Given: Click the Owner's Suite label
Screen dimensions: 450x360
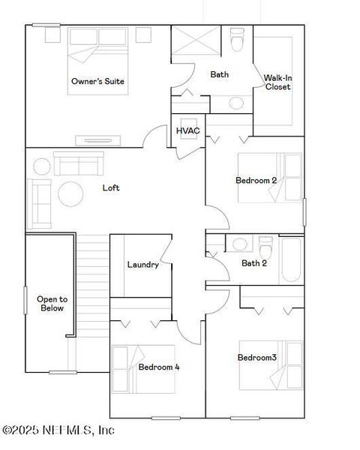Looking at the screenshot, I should tap(97, 81).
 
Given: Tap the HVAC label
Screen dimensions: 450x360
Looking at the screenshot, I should tap(187, 131).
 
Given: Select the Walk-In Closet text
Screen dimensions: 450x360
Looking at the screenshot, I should tap(277, 82).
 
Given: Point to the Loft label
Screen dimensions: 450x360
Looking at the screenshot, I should tap(111, 187).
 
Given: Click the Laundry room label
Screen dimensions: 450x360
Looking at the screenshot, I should tap(142, 265).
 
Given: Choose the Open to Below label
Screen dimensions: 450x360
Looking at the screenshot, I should tap(52, 303).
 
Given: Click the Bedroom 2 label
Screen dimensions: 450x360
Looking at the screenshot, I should tap(256, 180).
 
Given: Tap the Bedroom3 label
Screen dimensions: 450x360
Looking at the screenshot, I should tap(257, 358).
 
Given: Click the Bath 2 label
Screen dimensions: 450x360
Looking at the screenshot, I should tap(254, 263).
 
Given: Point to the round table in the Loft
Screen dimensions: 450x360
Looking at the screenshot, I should tap(71, 193).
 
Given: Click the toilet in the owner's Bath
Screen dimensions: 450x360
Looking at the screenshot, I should tap(238, 40).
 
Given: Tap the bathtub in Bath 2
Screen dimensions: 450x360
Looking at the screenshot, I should tap(291, 260).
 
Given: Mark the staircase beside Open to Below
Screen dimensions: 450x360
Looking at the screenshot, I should tap(92, 285).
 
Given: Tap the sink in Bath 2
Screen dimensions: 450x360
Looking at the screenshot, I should tap(240, 244).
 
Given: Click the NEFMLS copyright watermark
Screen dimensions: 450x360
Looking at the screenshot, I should tap(58, 430).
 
